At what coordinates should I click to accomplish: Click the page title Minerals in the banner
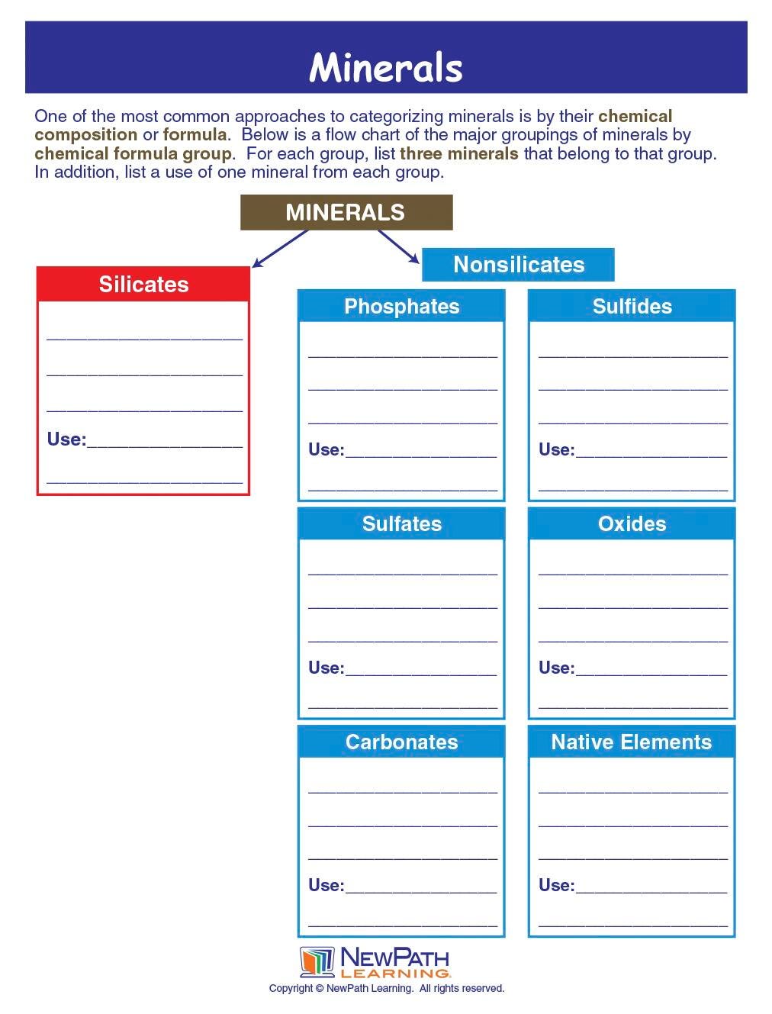(x=386, y=67)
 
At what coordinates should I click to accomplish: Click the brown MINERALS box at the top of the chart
(x=346, y=212)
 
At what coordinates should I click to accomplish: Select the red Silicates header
(x=143, y=285)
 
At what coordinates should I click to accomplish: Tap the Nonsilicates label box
(x=518, y=265)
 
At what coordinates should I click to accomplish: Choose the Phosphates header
(x=401, y=307)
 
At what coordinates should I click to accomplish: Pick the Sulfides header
(x=632, y=307)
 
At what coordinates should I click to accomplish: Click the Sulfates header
(x=401, y=524)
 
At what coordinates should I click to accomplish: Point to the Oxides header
(x=632, y=524)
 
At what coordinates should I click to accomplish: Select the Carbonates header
(x=401, y=742)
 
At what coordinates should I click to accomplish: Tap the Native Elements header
(x=632, y=742)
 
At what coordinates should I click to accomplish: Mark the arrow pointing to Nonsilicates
(x=398, y=246)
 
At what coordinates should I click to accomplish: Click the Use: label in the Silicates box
(x=66, y=439)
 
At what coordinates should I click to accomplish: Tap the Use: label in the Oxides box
(x=556, y=668)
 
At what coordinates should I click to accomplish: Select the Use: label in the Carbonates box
(x=326, y=886)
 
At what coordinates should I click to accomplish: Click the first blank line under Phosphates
(x=402, y=352)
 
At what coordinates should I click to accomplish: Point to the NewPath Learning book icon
(x=317, y=962)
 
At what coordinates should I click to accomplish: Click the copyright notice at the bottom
(x=387, y=989)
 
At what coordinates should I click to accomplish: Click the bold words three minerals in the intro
(x=459, y=154)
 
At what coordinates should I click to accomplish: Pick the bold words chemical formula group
(x=133, y=154)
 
